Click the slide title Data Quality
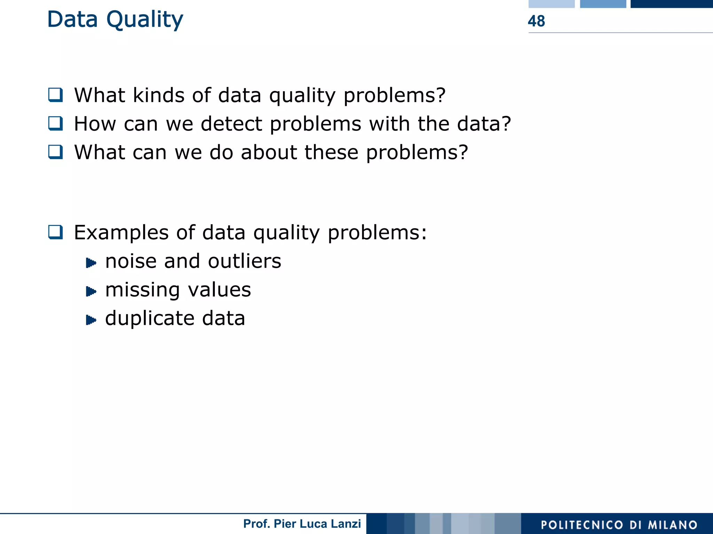(x=115, y=19)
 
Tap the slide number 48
(x=536, y=21)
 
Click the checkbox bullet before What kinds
(x=55, y=95)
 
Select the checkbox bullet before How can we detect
(x=55, y=123)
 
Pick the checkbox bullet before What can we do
(x=55, y=152)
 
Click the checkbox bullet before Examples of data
(x=55, y=232)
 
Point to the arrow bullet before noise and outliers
(x=91, y=262)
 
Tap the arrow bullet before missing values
(x=91, y=291)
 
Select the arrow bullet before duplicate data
(x=91, y=320)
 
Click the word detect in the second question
(x=231, y=124)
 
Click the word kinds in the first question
(x=158, y=95)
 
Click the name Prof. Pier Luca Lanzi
(x=302, y=524)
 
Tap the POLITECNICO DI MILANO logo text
(x=619, y=525)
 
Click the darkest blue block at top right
(x=671, y=4)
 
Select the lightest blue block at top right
(x=551, y=4)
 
